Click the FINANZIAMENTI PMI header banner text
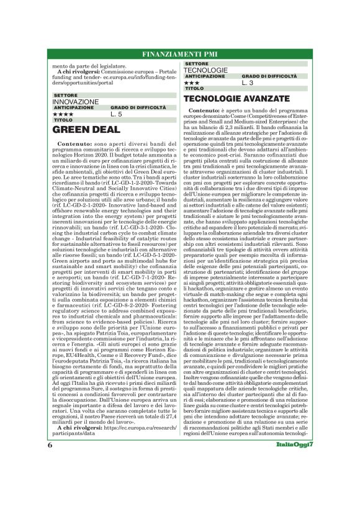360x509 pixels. pyautogui.click(x=179, y=53)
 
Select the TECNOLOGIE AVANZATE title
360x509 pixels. pyautogui.click(x=234, y=99)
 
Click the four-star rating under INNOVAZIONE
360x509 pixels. pyautogui.click(x=63, y=114)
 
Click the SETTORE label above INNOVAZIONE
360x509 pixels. pyautogui.click(x=66, y=96)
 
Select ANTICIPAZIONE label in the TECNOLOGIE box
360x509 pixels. pyautogui.click(x=204, y=76)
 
